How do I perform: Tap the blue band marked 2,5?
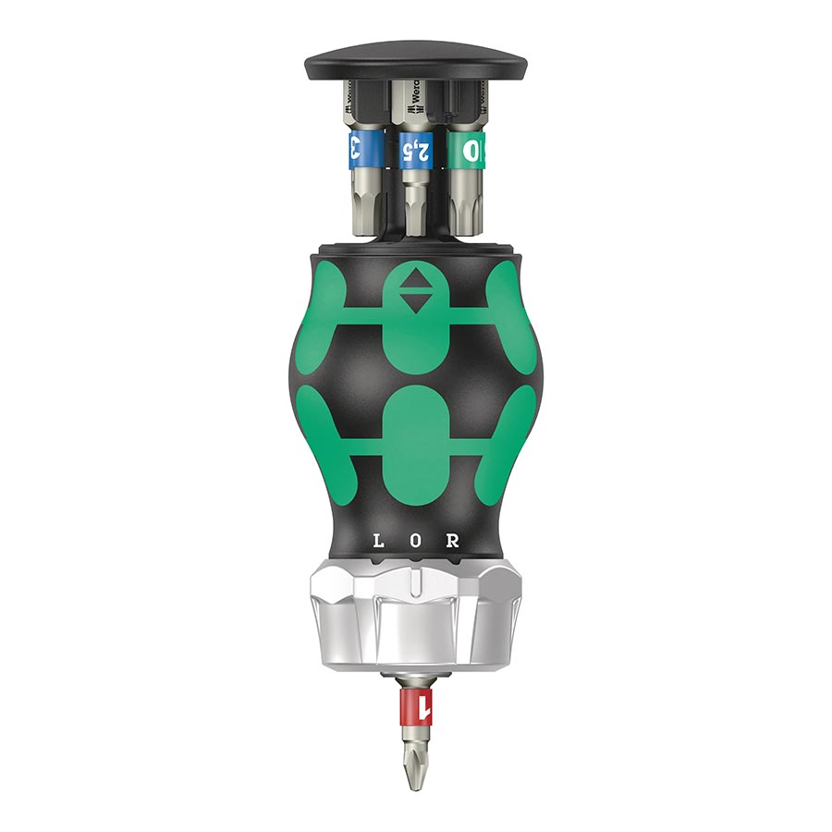(x=415, y=149)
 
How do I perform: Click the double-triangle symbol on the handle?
(x=415, y=292)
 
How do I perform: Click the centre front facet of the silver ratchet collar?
(x=415, y=629)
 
